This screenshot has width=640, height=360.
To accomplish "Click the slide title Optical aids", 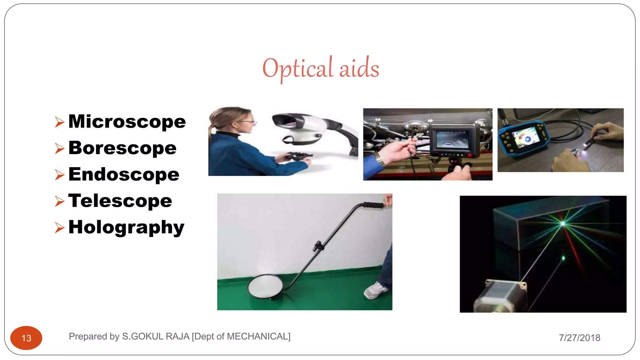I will click(321, 68).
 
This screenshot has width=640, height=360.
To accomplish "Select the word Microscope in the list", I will click(127, 122).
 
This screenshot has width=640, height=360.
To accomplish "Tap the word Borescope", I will click(122, 148).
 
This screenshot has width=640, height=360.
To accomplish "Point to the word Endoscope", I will click(124, 174).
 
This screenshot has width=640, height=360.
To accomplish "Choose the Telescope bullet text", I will click(120, 201).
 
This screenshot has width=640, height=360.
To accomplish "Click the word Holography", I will click(126, 227).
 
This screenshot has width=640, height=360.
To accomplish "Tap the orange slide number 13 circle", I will click(26, 338).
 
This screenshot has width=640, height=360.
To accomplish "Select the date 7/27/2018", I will click(579, 338).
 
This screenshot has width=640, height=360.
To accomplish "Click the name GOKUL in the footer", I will click(147, 337).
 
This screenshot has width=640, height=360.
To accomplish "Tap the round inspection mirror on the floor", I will click(265, 286).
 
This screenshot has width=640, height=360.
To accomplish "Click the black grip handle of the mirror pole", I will click(373, 205).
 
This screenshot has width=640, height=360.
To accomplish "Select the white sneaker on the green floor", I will click(376, 290).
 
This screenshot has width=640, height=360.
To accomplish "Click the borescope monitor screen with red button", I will click(452, 140).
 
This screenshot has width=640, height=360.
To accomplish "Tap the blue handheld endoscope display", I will click(522, 137).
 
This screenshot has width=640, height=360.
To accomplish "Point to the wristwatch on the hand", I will click(379, 159).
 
